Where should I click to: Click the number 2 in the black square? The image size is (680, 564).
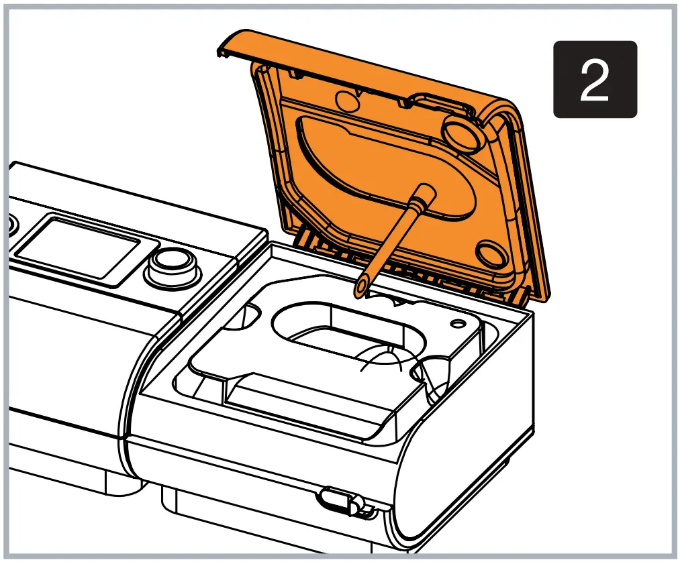pyautogui.click(x=594, y=79)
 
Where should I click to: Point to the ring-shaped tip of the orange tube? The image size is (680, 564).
pyautogui.click(x=362, y=287)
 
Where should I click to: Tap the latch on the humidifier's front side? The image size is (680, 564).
pyautogui.click(x=339, y=500)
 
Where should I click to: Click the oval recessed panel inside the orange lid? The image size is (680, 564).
pyautogui.click(x=376, y=168)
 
